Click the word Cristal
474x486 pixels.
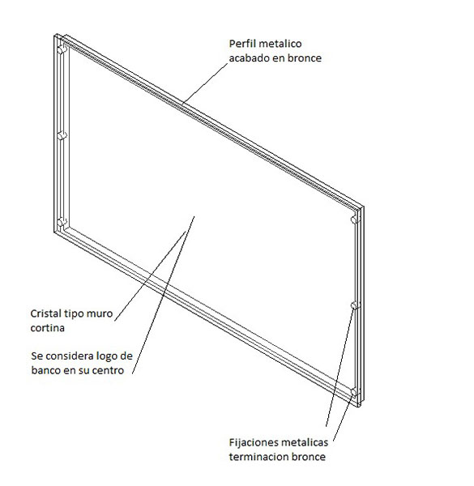pyautogui.click(x=45, y=313)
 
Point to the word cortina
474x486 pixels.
pyautogui.click(x=48, y=327)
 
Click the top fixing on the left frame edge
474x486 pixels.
pyautogui.click(x=62, y=49)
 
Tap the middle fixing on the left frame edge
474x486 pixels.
pyautogui.click(x=62, y=135)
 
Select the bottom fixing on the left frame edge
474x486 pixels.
pyautogui.click(x=62, y=222)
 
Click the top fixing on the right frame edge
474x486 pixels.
pyautogui.click(x=356, y=220)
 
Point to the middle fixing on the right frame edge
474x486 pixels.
pyautogui.click(x=356, y=305)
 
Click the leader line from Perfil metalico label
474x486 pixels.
pyautogui.click(x=205, y=83)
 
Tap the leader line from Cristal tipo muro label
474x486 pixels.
pyautogui.click(x=150, y=276)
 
